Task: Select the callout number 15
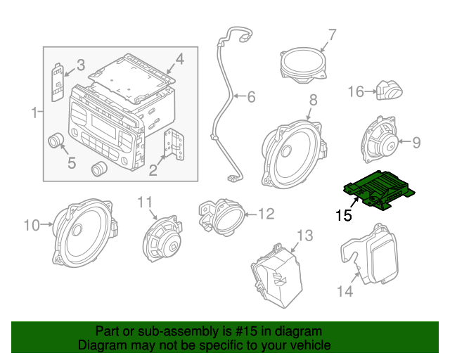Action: (x=344, y=215)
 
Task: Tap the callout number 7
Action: (x=332, y=33)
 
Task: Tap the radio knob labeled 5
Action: (x=56, y=142)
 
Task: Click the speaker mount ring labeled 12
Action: (x=221, y=214)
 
